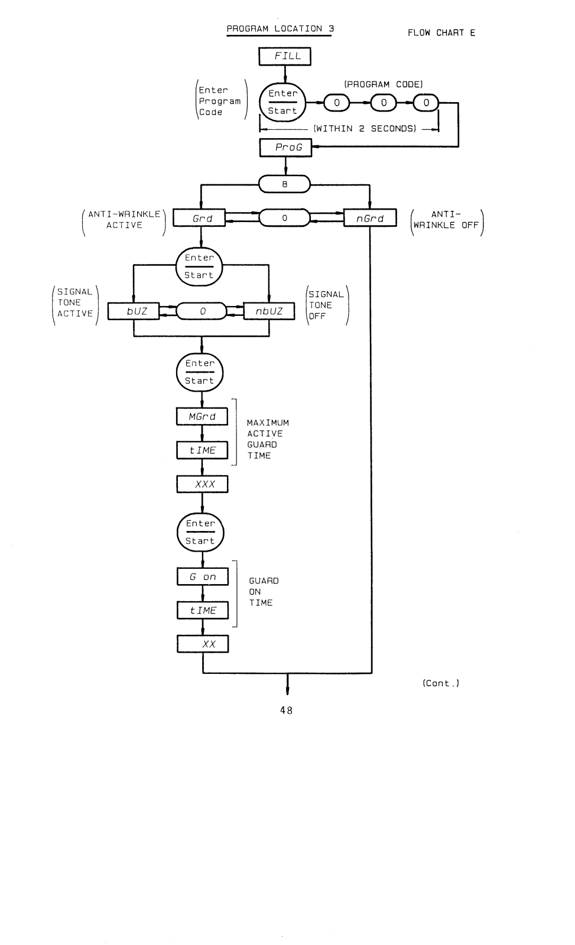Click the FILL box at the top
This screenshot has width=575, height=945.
(x=285, y=57)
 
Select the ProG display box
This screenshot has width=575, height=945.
(x=285, y=148)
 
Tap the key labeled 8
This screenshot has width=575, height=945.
(x=284, y=184)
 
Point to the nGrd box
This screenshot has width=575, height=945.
(x=370, y=219)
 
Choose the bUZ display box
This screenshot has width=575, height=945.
(x=134, y=311)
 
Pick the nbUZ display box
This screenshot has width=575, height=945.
(x=269, y=311)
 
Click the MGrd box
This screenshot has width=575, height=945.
(x=202, y=416)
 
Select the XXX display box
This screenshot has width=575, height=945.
(x=202, y=484)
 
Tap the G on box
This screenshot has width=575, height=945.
(x=202, y=577)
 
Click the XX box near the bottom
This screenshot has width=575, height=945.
(x=202, y=644)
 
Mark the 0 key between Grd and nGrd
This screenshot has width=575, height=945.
(x=284, y=219)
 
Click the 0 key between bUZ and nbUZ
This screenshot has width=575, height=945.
(x=202, y=311)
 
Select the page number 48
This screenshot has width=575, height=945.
(x=286, y=711)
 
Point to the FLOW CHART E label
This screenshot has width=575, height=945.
(x=441, y=33)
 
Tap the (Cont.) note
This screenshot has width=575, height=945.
(x=441, y=683)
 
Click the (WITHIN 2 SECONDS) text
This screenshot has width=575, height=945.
(x=365, y=129)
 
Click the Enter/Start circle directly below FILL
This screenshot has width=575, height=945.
(x=283, y=102)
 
